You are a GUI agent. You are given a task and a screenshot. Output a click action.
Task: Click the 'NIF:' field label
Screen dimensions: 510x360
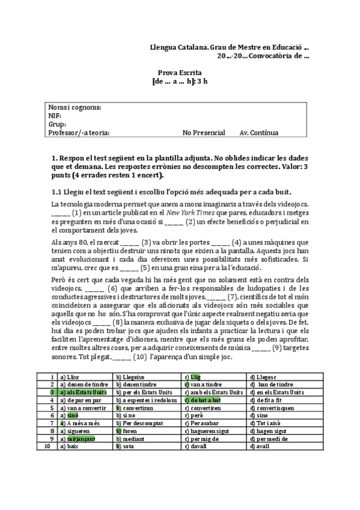coord(55,115)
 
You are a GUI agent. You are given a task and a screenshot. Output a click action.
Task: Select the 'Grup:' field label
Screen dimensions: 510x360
coord(57,124)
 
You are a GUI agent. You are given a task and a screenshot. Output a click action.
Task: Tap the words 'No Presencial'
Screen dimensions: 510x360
coord(204,132)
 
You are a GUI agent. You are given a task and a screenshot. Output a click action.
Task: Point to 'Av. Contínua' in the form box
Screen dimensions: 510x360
coord(258,132)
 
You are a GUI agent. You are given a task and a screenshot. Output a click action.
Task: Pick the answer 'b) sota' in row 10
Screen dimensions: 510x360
coord(126,447)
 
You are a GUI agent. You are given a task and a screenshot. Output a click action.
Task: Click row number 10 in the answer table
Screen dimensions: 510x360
coord(48,447)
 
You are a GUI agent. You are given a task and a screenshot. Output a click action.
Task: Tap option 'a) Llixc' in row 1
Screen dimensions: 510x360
coord(70,376)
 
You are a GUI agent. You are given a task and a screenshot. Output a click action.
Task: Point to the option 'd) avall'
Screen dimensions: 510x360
coord(260,447)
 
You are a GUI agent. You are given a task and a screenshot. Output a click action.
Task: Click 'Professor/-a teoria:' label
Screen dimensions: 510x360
coord(79,132)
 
